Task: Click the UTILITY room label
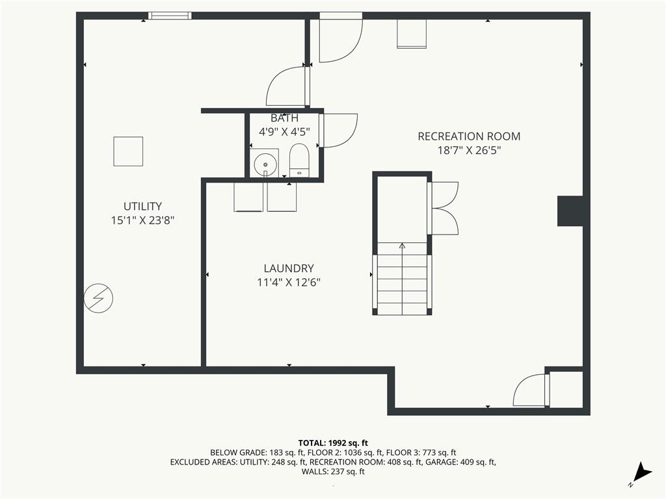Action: tap(142, 207)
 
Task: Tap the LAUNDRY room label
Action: tap(289, 268)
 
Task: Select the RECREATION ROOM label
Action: tap(468, 136)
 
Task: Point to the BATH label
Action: tap(284, 118)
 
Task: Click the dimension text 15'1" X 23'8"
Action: tap(142, 221)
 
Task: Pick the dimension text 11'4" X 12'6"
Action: tap(289, 283)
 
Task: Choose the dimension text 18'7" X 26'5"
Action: tap(468, 150)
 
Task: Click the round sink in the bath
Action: tap(265, 164)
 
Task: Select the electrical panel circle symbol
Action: tap(98, 299)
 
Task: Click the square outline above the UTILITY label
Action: tap(128, 151)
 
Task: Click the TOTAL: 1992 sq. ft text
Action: tap(333, 442)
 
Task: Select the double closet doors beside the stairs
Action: tap(444, 208)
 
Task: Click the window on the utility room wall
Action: tap(170, 16)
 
